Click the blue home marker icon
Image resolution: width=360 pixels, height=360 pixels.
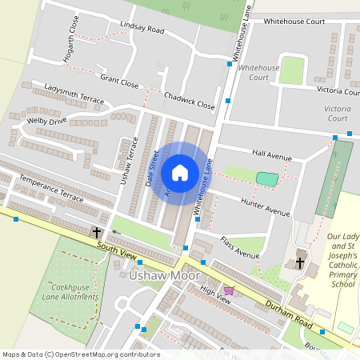point(180,172)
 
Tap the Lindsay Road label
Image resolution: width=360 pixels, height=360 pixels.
point(142,28)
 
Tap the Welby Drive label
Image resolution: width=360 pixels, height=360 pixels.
point(46,122)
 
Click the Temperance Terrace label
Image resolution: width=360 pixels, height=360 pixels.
point(51,189)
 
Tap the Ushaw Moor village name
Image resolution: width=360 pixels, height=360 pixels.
point(159,276)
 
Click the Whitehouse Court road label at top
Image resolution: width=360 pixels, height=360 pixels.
point(294,21)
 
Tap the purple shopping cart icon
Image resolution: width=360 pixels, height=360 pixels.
point(230,291)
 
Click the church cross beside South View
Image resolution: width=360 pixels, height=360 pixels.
point(97,233)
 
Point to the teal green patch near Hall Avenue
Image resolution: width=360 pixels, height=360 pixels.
point(267,178)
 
